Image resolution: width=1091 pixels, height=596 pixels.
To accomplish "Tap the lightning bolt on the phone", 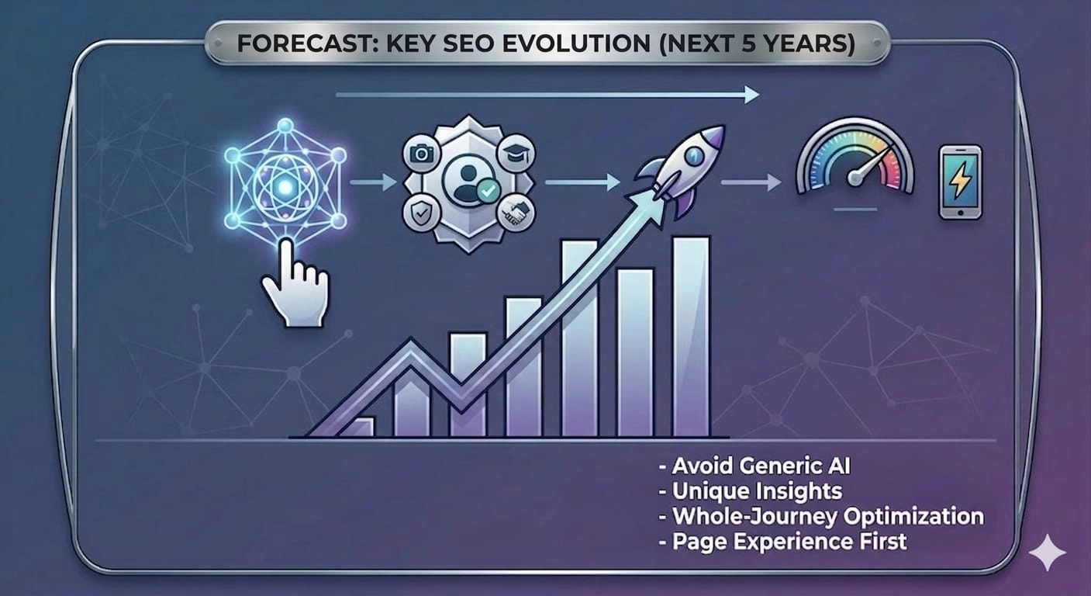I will pyautogui.click(x=960, y=181).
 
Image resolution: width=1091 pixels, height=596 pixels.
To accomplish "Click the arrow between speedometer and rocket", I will pyautogui.click(x=751, y=183).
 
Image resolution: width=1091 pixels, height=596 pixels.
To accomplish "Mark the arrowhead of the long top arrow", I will pyautogui.click(x=751, y=95).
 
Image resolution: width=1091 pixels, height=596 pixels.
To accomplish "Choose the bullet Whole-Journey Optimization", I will pyautogui.click(x=827, y=515).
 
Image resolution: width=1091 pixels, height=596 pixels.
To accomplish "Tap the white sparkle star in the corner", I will pyautogui.click(x=1047, y=552).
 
